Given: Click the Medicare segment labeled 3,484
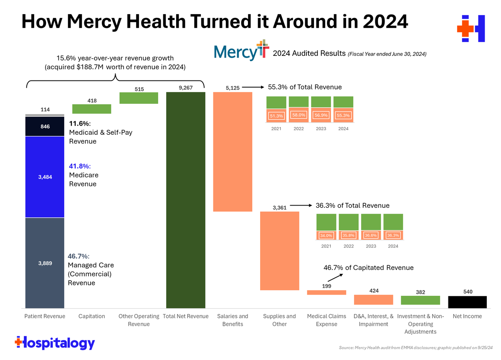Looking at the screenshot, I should point(45,177).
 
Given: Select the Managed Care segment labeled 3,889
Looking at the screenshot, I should point(45,263).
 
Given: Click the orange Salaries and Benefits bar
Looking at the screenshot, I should point(233,151).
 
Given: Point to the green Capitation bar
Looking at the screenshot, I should point(91,109).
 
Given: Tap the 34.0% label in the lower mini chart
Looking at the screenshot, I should point(326,236).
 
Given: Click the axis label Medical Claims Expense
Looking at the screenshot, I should point(326,320).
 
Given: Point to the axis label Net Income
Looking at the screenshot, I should point(467,316).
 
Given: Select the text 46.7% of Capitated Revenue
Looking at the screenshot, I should point(369,268).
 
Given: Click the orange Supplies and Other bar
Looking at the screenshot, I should point(279,251).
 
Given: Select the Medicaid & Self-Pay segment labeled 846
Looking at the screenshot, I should point(45,126).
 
